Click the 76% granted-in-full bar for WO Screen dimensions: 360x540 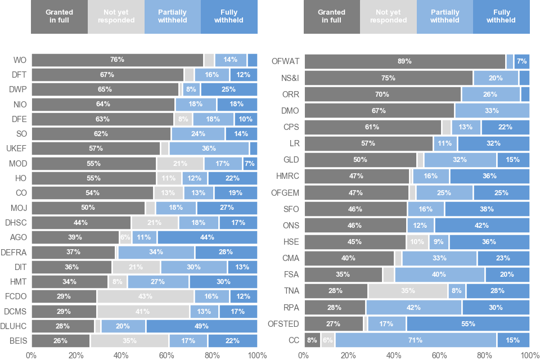pyautogui.click(x=117, y=60)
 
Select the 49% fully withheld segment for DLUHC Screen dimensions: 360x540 pyautogui.click(x=201, y=326)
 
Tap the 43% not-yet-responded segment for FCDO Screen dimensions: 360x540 pyautogui.click(x=145, y=296)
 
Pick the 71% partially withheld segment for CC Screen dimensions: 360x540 pyautogui.click(x=416, y=340)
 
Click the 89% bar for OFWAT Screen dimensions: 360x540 pyautogui.click(x=404, y=61)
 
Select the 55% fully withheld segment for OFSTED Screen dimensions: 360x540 pyautogui.click(x=467, y=323)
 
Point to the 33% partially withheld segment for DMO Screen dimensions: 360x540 pyautogui.click(x=492, y=110)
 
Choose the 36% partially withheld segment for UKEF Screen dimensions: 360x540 pyautogui.click(x=209, y=148)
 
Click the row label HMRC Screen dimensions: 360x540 pyautogui.click(x=287, y=176)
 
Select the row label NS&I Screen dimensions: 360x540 pyautogui.click(x=289, y=78)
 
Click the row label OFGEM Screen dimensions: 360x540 pyautogui.click(x=286, y=192)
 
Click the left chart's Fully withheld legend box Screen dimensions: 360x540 pyautogui.click(x=229, y=17)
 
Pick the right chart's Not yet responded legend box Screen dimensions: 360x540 pyautogui.click(x=388, y=17)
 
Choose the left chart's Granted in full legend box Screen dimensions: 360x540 pyautogui.click(x=59, y=17)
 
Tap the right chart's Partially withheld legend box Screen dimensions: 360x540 pyautogui.click(x=445, y=17)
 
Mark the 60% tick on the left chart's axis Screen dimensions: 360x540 pyautogui.click(x=166, y=355)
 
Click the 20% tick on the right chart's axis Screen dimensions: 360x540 pyautogui.click(x=349, y=355)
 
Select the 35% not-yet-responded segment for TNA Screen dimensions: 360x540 pyautogui.click(x=408, y=291)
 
